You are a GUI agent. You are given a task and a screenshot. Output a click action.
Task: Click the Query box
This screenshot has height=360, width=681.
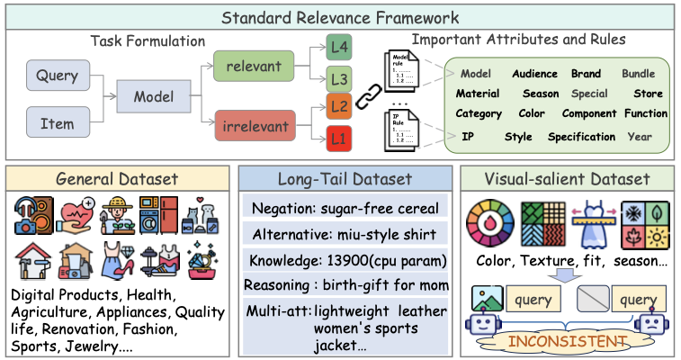point(58,77)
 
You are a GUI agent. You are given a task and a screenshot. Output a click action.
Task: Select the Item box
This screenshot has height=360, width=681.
point(58,124)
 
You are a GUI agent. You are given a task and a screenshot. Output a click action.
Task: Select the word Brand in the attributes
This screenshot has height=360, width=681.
point(586,74)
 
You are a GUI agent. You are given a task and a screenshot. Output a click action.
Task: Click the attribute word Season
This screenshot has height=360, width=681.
point(541,94)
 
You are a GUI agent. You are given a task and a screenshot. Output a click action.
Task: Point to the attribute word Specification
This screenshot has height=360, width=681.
point(581,137)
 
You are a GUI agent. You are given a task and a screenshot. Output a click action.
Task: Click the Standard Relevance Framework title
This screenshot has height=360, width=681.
point(340,17)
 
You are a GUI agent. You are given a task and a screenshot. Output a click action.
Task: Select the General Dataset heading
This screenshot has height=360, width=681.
point(118,179)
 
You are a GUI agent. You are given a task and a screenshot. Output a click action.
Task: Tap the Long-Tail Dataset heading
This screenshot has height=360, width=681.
point(345,179)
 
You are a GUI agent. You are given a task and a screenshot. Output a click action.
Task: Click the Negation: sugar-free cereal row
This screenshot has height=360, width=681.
point(345,209)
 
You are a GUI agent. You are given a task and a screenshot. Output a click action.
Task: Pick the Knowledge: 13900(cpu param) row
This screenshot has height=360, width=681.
point(345,261)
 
